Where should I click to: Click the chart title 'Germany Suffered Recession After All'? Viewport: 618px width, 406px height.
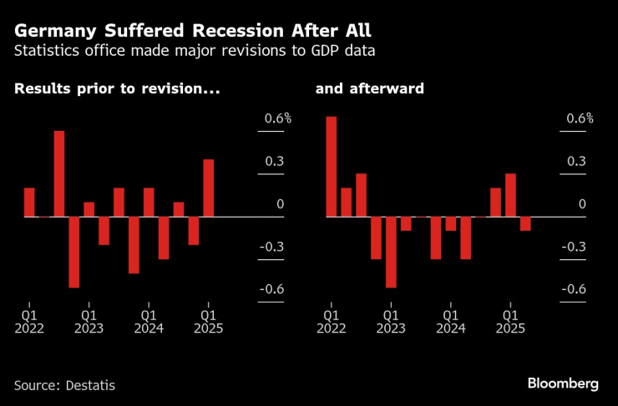193,31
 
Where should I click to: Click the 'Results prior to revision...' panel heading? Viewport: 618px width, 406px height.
118,88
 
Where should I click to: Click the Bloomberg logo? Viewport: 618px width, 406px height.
563,383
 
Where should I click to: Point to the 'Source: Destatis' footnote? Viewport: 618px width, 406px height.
64,385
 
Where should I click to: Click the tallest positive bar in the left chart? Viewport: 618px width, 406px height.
59,173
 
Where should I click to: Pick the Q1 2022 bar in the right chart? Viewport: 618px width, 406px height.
331,166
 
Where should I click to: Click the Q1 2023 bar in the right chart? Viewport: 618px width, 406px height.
391,252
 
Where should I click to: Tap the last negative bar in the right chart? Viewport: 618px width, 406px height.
525,223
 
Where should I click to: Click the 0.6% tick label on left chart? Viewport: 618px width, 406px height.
278,118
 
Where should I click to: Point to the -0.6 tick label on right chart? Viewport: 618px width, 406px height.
576,289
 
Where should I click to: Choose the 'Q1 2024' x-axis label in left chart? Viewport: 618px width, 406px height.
149,323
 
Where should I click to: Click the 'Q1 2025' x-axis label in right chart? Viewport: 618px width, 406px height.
510,323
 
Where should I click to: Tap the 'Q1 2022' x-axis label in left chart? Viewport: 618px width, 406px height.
29,323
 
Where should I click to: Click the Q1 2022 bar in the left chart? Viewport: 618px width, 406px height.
29,202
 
